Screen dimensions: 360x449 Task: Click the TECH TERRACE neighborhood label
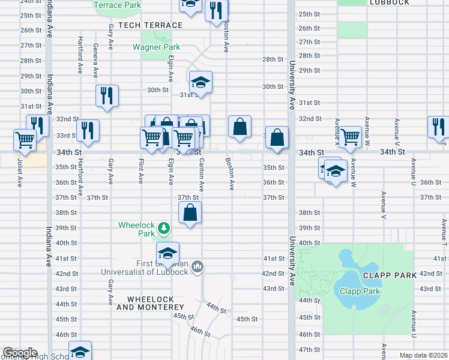[150, 25]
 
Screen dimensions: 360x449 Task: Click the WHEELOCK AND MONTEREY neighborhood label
[153, 303]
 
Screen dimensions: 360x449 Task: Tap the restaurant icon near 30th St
[107, 95]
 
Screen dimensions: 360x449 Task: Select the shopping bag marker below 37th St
[190, 212]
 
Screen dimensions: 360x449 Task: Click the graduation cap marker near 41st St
[168, 252]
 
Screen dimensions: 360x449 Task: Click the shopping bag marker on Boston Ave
[240, 127]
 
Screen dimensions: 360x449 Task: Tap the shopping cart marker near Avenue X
[350, 136]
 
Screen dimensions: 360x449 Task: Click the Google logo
[20, 353]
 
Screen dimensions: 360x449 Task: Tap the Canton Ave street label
[201, 176]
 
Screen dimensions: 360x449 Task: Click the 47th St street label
[309, 349]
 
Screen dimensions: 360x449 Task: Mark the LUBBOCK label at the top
[389, 2]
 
